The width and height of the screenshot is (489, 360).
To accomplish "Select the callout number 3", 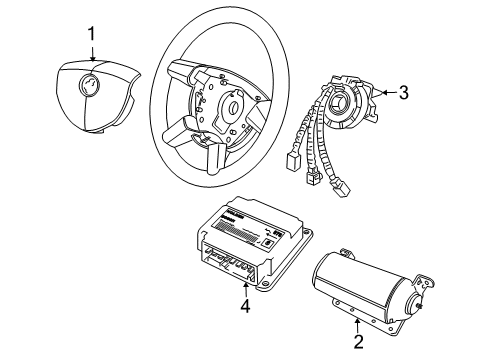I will (x=403, y=93).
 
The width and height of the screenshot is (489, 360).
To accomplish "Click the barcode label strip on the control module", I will (x=240, y=241).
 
